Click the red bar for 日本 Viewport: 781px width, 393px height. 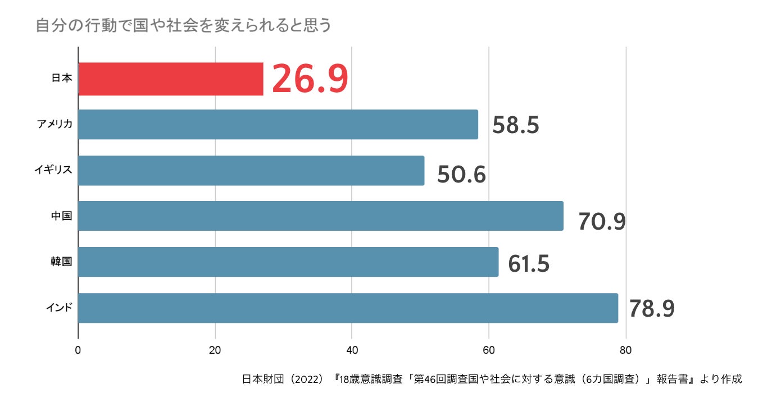pos(170,79)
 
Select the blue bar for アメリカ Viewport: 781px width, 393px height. pos(278,125)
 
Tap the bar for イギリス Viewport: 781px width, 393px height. pos(251,171)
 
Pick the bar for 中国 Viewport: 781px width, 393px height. pos(320,216)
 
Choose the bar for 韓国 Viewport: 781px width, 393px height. pos(288,262)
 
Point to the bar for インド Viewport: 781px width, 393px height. pos(348,308)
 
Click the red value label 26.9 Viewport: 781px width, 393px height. pos(310,79)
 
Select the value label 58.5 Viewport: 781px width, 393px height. pos(515,125)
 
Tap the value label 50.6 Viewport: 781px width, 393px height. pos(461,175)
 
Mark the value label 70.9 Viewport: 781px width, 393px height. pos(602,221)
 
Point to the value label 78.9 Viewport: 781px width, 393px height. pos(651,309)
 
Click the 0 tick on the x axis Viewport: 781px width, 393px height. pos(78,350)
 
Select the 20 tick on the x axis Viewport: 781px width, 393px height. pos(215,350)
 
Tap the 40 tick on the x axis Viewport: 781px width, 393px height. pos(352,350)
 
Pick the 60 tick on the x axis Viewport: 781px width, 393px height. pos(489,350)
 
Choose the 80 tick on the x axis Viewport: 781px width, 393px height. pos(625,350)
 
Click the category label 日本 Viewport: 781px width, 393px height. pos(62,79)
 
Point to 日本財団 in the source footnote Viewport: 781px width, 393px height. pos(262,379)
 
